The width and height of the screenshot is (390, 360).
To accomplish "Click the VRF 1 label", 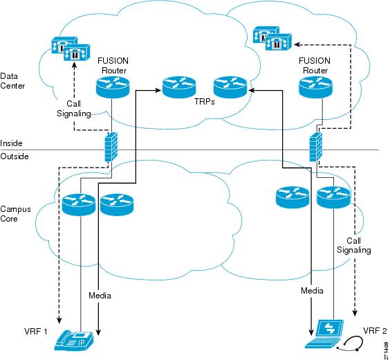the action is (36, 332).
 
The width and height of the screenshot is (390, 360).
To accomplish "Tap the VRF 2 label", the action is (375, 331).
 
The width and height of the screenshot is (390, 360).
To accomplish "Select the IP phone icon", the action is (74, 341).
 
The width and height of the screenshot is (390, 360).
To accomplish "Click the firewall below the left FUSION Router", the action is (111, 147).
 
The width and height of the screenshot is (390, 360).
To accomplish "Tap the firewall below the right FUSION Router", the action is (315, 147).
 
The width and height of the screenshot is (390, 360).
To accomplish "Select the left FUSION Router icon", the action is (113, 87).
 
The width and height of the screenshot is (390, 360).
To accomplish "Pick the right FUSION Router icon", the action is (315, 87).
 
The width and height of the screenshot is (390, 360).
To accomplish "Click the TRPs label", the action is (205, 102).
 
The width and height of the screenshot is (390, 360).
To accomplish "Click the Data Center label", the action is (12, 81).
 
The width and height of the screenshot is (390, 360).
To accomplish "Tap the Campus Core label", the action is (15, 214).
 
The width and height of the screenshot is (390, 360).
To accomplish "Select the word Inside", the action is (11, 143).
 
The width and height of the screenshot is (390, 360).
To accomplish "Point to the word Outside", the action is (15, 156).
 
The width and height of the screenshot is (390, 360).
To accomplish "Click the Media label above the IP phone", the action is (100, 296).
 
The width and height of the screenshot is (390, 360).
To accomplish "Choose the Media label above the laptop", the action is (312, 291).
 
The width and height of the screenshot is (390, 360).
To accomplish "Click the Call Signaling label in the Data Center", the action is (73, 109).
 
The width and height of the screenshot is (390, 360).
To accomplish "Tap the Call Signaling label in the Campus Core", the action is (353, 245).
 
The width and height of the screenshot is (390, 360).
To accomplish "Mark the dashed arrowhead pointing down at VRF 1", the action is (59, 321).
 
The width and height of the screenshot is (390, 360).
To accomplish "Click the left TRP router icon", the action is (179, 87).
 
